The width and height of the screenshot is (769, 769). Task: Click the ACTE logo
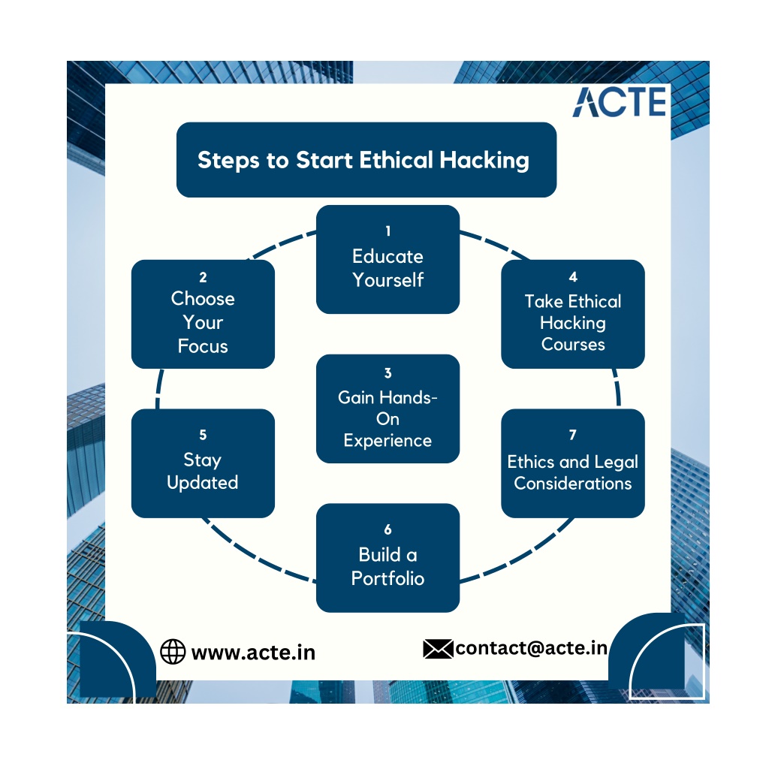[x=620, y=102]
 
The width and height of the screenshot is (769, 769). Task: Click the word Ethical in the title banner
[x=397, y=160]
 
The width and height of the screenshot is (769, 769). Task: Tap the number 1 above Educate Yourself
[x=388, y=231]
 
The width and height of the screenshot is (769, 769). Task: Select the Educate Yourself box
[x=388, y=259]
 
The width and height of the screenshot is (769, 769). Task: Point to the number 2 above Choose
[x=203, y=277]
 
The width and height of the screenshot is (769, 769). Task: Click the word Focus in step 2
[x=203, y=346]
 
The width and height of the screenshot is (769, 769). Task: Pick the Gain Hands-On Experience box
[x=388, y=409]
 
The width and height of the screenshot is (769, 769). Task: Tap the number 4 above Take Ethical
[x=573, y=277]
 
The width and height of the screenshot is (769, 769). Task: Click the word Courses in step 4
[x=573, y=344]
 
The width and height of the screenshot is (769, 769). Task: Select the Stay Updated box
[x=203, y=463]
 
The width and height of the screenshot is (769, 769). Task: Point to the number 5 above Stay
[x=203, y=435]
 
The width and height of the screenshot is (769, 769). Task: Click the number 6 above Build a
[x=388, y=529]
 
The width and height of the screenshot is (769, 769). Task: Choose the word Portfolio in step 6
[x=388, y=579]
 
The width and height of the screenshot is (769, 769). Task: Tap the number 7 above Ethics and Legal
[x=572, y=435]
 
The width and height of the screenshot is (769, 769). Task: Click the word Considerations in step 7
[x=573, y=484]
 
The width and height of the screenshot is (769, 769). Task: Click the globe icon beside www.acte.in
[x=173, y=652]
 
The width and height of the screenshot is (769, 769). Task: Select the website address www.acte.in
[x=253, y=653]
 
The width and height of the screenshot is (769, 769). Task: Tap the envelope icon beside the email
[x=438, y=649]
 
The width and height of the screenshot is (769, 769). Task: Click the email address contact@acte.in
[x=531, y=648]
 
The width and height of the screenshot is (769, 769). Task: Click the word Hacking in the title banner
[x=484, y=161]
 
